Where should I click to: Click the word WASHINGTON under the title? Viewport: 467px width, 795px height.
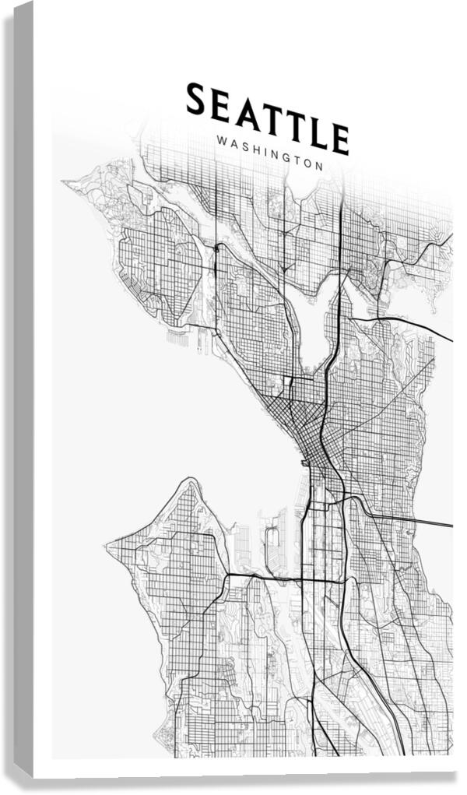point(271,154)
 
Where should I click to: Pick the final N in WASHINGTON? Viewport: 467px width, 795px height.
point(319,165)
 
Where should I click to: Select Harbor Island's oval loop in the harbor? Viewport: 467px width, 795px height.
point(272,541)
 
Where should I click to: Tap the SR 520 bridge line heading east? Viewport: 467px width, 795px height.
point(413,328)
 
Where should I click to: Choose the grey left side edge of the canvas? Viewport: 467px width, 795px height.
point(23,389)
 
